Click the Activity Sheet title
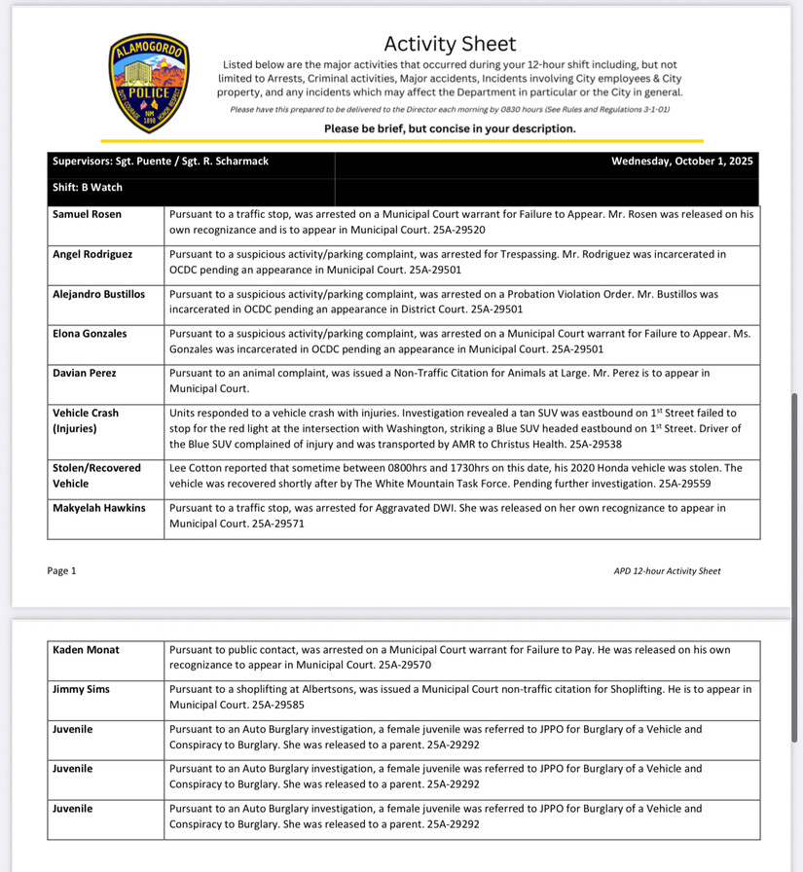tap(450, 44)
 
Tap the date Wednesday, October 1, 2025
tap(682, 162)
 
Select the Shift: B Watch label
tap(88, 188)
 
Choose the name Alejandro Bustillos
tap(98, 294)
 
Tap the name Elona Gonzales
tap(90, 334)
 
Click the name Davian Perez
tap(86, 373)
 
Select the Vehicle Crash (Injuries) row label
tap(86, 420)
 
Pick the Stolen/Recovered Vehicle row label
tap(96, 476)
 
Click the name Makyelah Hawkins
tap(98, 508)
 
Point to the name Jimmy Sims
tap(82, 689)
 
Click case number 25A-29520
tap(453, 231)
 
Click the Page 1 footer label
tap(61, 571)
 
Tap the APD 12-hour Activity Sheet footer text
tap(661, 571)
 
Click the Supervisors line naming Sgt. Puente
tap(161, 162)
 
